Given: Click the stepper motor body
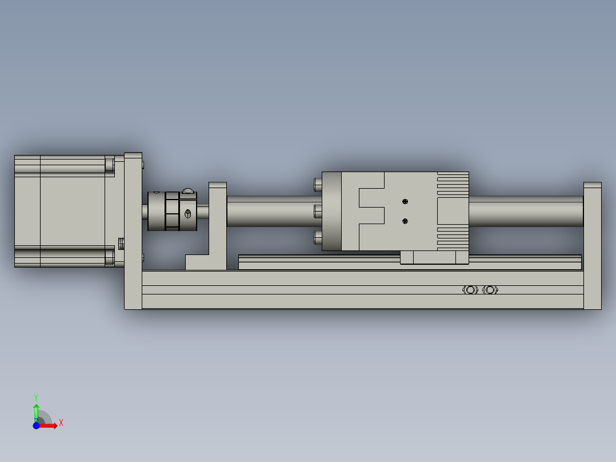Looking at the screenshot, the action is click(x=65, y=211).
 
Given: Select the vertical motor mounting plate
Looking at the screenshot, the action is click(x=133, y=231).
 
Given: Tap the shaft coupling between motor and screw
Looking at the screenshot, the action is click(x=172, y=211).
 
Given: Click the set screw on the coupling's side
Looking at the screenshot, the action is click(x=188, y=214).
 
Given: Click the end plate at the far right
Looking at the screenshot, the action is click(x=593, y=246).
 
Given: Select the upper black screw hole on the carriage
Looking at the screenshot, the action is click(x=405, y=202).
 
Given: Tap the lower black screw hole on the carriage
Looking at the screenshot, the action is click(x=405, y=221).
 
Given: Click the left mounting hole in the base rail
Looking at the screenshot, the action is click(x=470, y=290).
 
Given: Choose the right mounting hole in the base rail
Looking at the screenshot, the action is click(x=490, y=290).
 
